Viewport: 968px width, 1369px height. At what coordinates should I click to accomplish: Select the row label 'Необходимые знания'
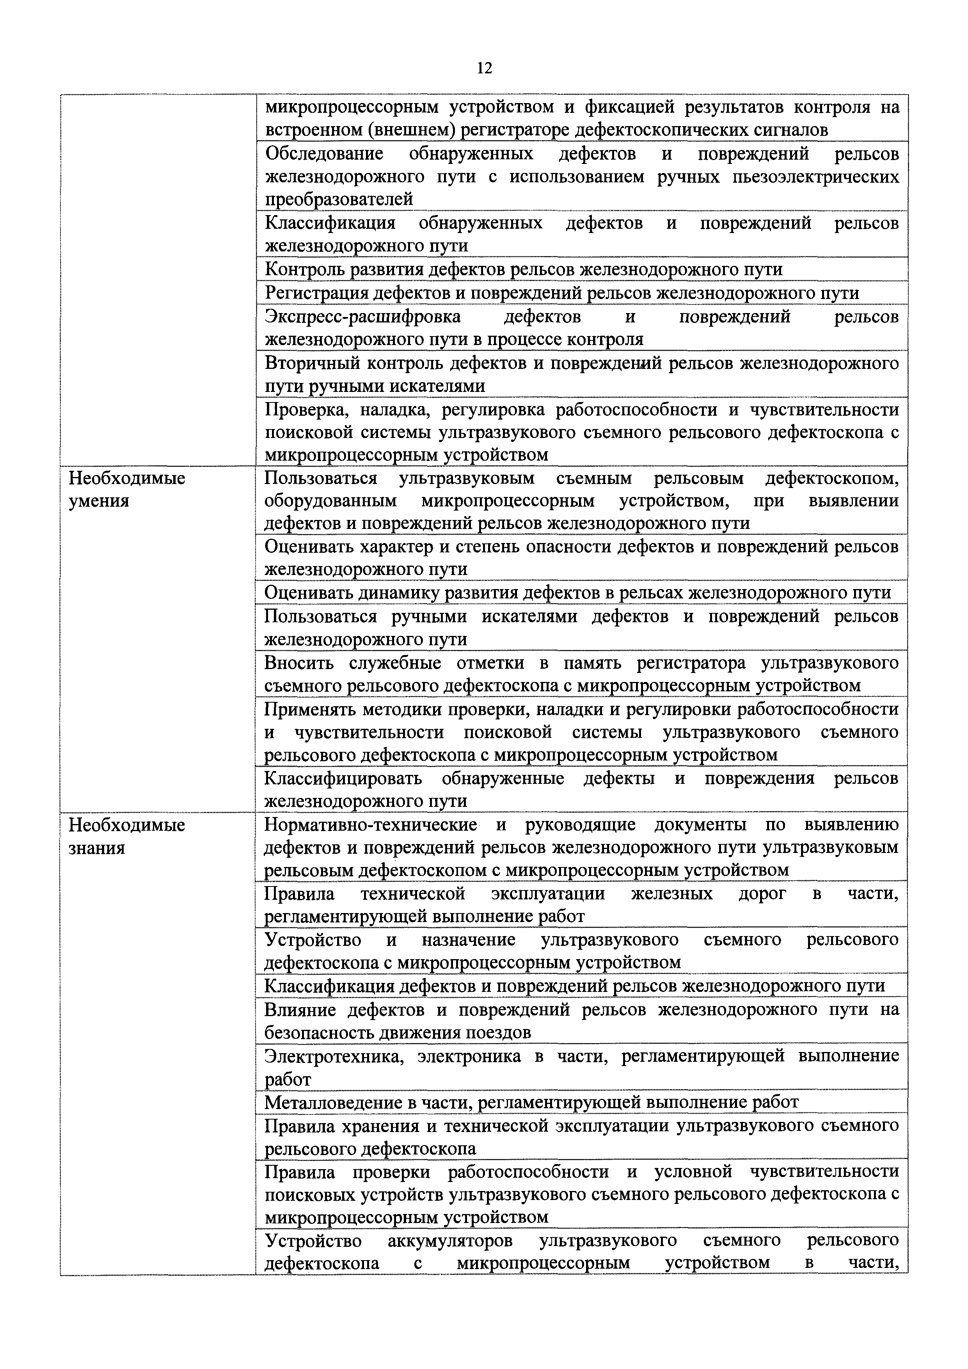pos(127,836)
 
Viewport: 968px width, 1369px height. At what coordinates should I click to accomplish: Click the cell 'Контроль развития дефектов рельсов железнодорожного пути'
pos(523,269)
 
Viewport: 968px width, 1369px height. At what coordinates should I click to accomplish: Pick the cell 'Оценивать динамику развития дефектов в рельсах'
pos(577,593)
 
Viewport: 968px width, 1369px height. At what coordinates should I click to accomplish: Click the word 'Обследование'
pos(324,154)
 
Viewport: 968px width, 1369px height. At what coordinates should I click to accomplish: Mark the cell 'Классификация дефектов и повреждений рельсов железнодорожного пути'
pos(574,986)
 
